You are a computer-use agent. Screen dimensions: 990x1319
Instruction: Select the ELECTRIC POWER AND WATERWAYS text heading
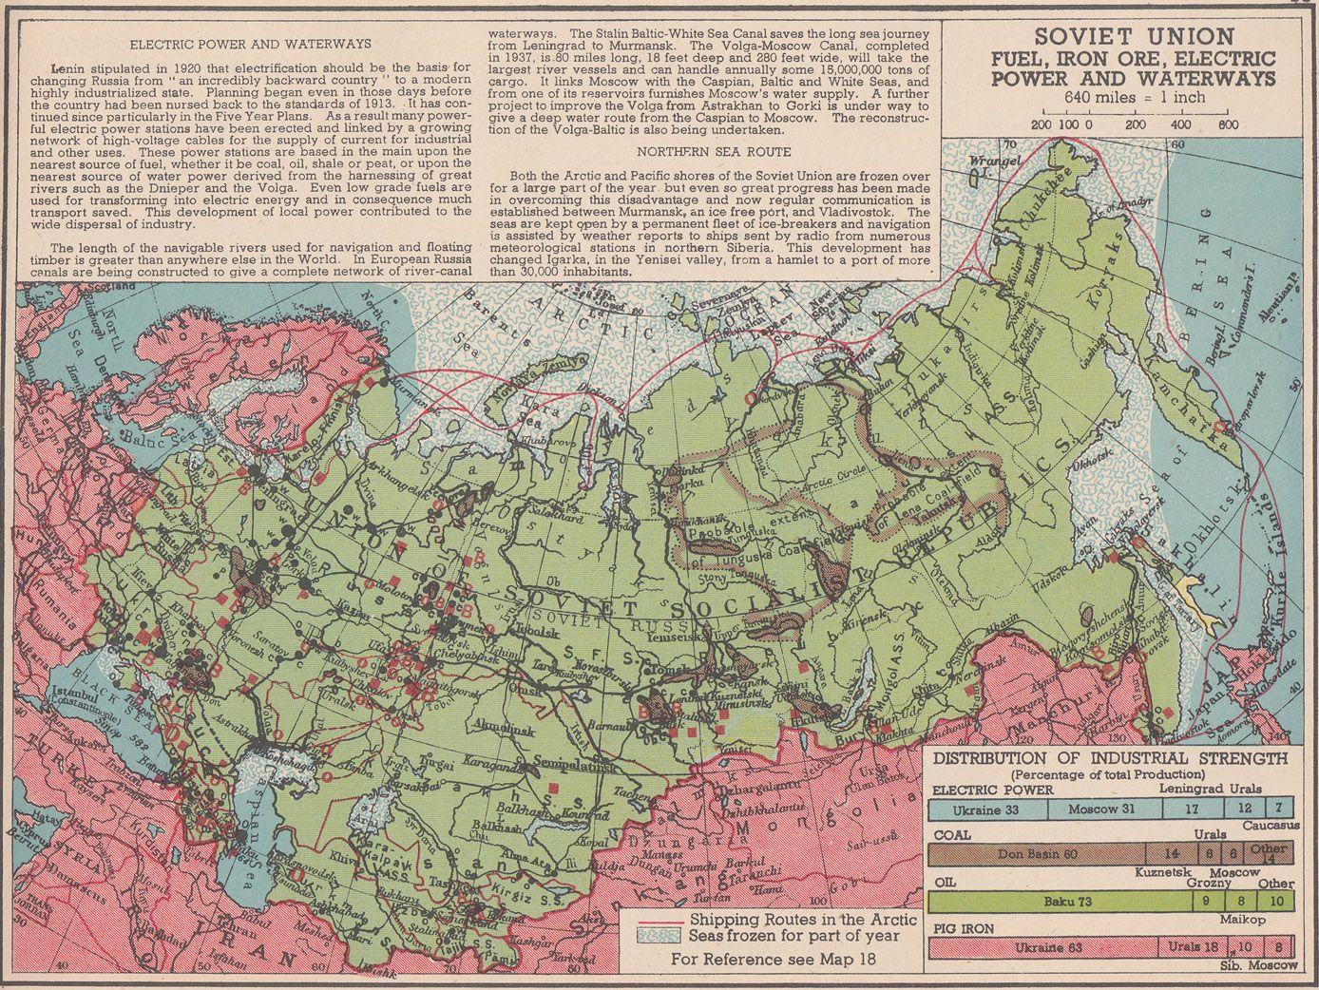[x=251, y=44]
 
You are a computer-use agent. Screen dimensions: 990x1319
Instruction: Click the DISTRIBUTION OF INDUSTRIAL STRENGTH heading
[x=1111, y=758]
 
